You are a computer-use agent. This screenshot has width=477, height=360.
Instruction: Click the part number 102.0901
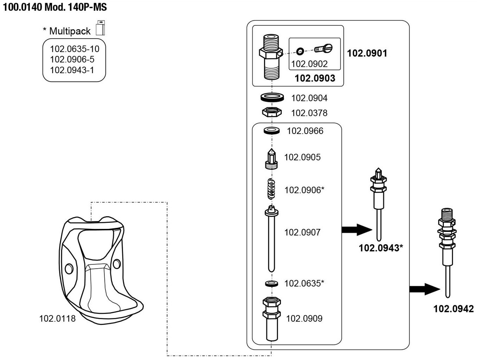point(367,53)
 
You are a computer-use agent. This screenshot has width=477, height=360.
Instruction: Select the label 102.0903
point(315,78)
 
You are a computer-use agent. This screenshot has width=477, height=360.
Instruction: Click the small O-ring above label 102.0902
point(300,51)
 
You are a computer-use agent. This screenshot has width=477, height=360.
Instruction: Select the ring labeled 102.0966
point(272,131)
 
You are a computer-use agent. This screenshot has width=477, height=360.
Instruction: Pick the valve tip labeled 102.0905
point(271,159)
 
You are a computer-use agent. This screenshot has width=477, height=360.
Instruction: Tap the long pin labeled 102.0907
point(271,239)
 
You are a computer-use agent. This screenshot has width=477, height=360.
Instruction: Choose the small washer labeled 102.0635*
point(271,283)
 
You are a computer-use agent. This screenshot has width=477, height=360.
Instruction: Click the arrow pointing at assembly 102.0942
point(425,289)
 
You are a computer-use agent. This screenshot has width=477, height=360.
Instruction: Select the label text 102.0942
point(453,309)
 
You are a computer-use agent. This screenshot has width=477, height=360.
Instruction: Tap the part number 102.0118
point(57,319)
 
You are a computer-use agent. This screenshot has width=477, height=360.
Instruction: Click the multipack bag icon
point(101,28)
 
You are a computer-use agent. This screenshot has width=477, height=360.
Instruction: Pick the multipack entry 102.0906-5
point(72,59)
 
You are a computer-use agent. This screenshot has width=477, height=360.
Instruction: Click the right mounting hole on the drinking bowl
point(116,263)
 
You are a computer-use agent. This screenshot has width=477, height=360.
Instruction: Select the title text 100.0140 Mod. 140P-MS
point(55,7)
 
